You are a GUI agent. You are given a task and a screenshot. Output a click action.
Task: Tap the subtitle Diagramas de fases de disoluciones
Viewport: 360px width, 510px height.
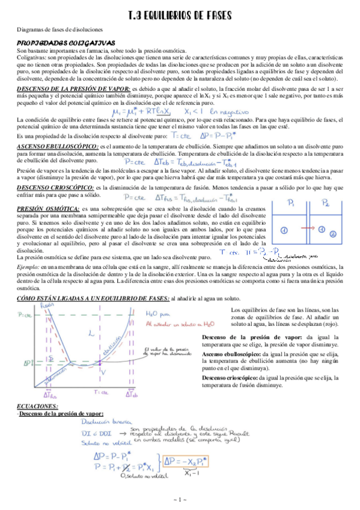click(59, 29)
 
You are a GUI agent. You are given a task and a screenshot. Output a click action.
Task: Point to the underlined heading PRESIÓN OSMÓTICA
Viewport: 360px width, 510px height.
click(43, 208)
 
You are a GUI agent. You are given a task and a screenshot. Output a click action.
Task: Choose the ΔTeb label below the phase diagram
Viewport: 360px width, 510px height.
click(134, 395)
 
